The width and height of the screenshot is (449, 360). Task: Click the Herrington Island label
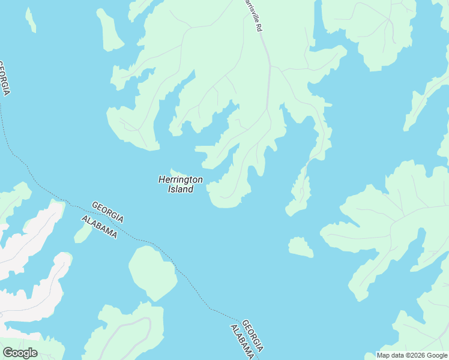click(180, 184)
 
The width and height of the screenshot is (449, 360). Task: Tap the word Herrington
click(180, 179)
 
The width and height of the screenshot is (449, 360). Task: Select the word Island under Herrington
click(180, 190)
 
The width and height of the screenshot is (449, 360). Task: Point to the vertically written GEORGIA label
click(5, 78)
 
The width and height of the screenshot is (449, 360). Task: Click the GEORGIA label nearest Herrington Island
click(108, 211)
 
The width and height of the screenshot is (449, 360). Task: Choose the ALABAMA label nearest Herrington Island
click(99, 227)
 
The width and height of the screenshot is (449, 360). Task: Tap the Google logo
click(20, 353)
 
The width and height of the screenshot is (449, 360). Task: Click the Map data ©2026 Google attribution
click(412, 355)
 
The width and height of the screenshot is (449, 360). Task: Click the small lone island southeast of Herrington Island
click(300, 247)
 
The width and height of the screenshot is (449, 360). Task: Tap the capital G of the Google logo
click(7, 353)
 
